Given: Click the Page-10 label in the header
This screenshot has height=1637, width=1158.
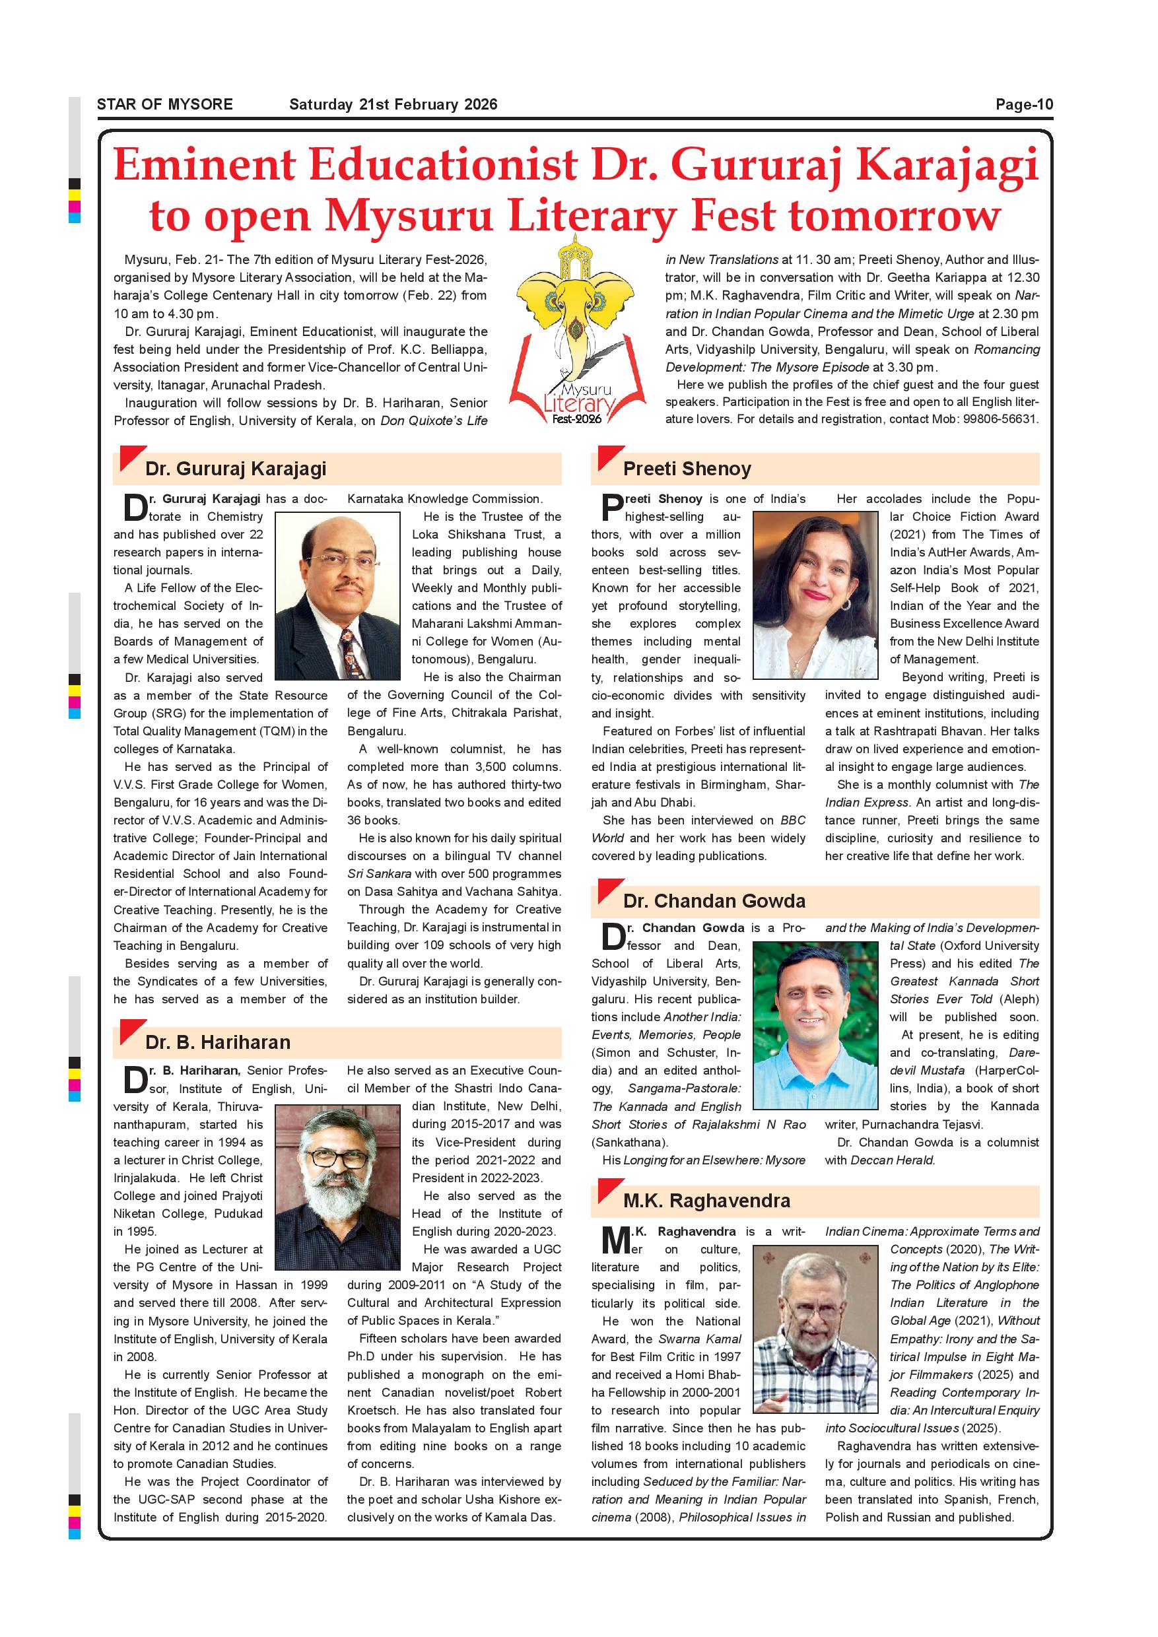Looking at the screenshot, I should (1024, 105).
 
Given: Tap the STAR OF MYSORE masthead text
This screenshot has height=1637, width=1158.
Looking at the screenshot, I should (164, 105).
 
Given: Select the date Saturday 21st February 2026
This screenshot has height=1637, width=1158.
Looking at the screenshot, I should (393, 105).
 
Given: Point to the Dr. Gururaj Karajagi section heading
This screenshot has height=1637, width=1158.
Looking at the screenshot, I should (235, 469).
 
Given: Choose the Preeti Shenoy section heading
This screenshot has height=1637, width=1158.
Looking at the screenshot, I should (687, 469).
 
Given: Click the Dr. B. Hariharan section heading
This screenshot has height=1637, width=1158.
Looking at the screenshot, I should (217, 1042).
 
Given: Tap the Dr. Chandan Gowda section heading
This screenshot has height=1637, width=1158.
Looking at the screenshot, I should (714, 900).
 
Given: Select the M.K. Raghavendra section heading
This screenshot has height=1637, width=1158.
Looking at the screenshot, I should (706, 1201).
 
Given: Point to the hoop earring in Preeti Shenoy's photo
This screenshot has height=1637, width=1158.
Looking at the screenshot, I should (846, 605).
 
